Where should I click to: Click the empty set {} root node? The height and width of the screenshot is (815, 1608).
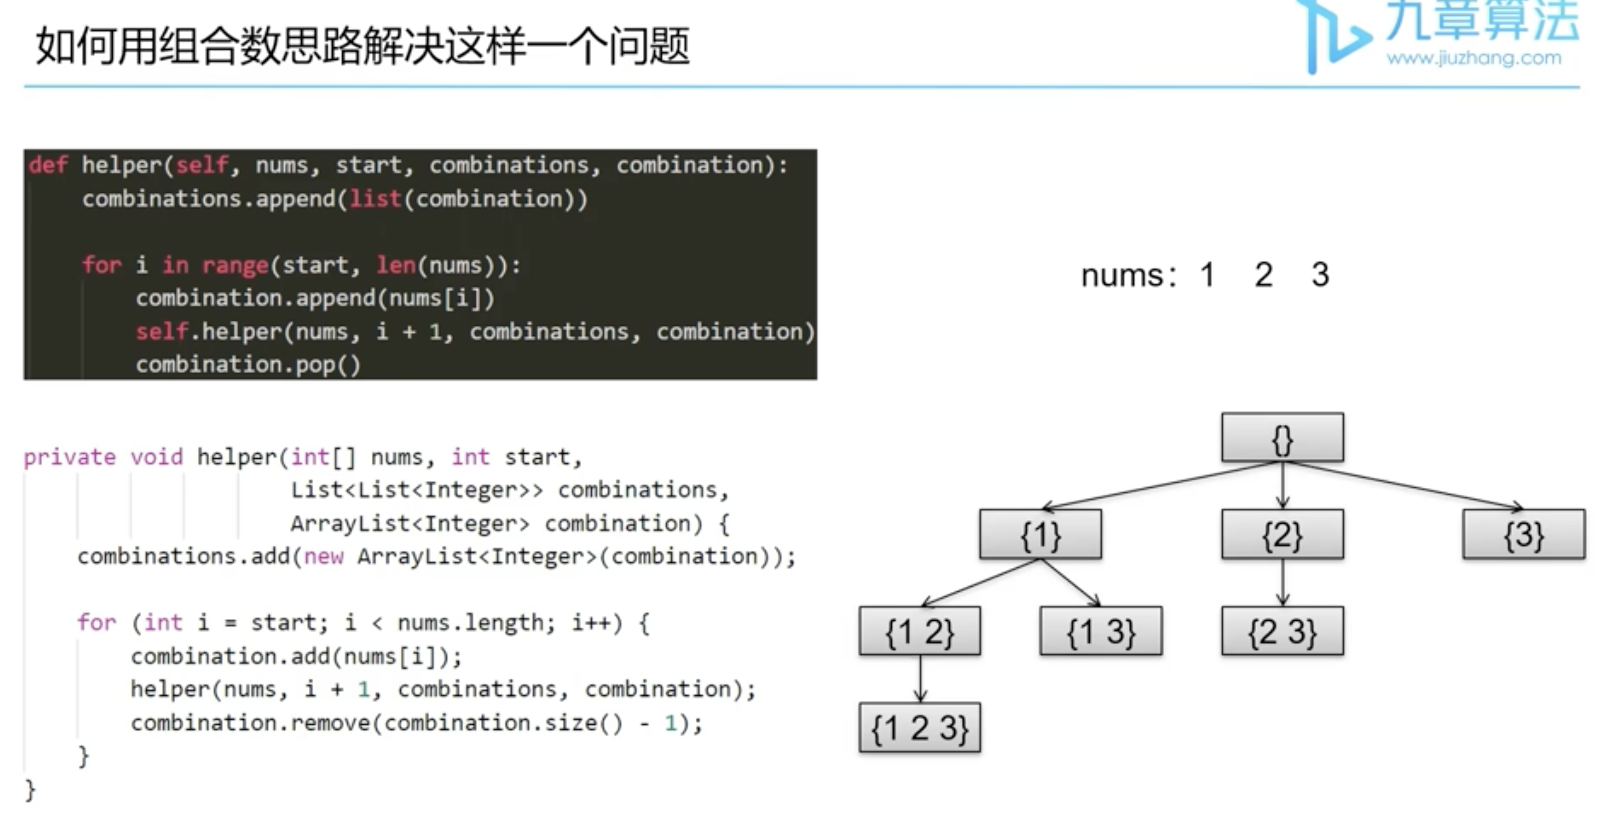(1282, 438)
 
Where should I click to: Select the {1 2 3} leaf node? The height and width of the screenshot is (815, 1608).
(919, 728)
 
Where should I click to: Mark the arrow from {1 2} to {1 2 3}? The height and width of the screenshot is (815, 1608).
(919, 679)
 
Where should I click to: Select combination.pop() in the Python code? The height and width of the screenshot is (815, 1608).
(248, 364)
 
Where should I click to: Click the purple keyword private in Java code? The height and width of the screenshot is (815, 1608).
(69, 458)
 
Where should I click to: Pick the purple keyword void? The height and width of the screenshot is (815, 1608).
(156, 458)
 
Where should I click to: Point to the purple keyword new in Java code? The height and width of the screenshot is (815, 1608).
(323, 556)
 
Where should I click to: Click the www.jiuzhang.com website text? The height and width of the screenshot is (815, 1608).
(1473, 59)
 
